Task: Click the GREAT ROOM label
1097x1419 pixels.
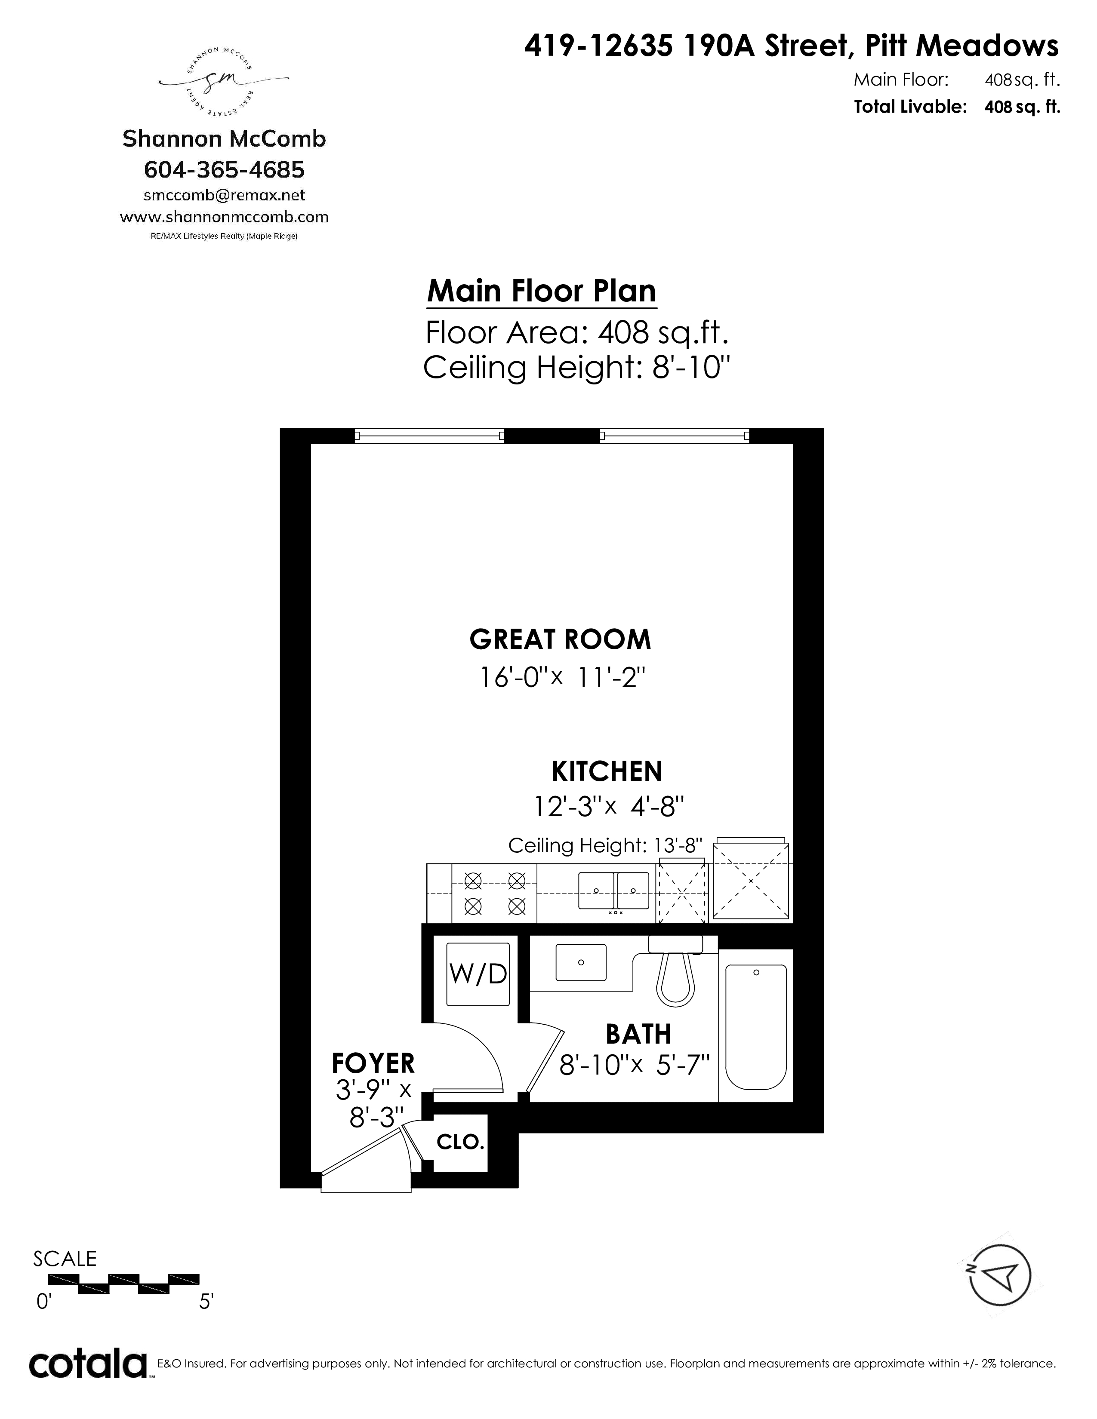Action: (x=560, y=639)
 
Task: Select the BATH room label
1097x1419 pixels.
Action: (x=638, y=1034)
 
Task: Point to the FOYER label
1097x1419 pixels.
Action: (x=373, y=1063)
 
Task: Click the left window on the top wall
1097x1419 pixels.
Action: (x=429, y=436)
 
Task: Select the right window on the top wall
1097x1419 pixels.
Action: (x=675, y=436)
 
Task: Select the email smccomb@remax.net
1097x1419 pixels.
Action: (x=224, y=195)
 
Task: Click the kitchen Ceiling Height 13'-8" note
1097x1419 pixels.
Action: (x=606, y=845)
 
